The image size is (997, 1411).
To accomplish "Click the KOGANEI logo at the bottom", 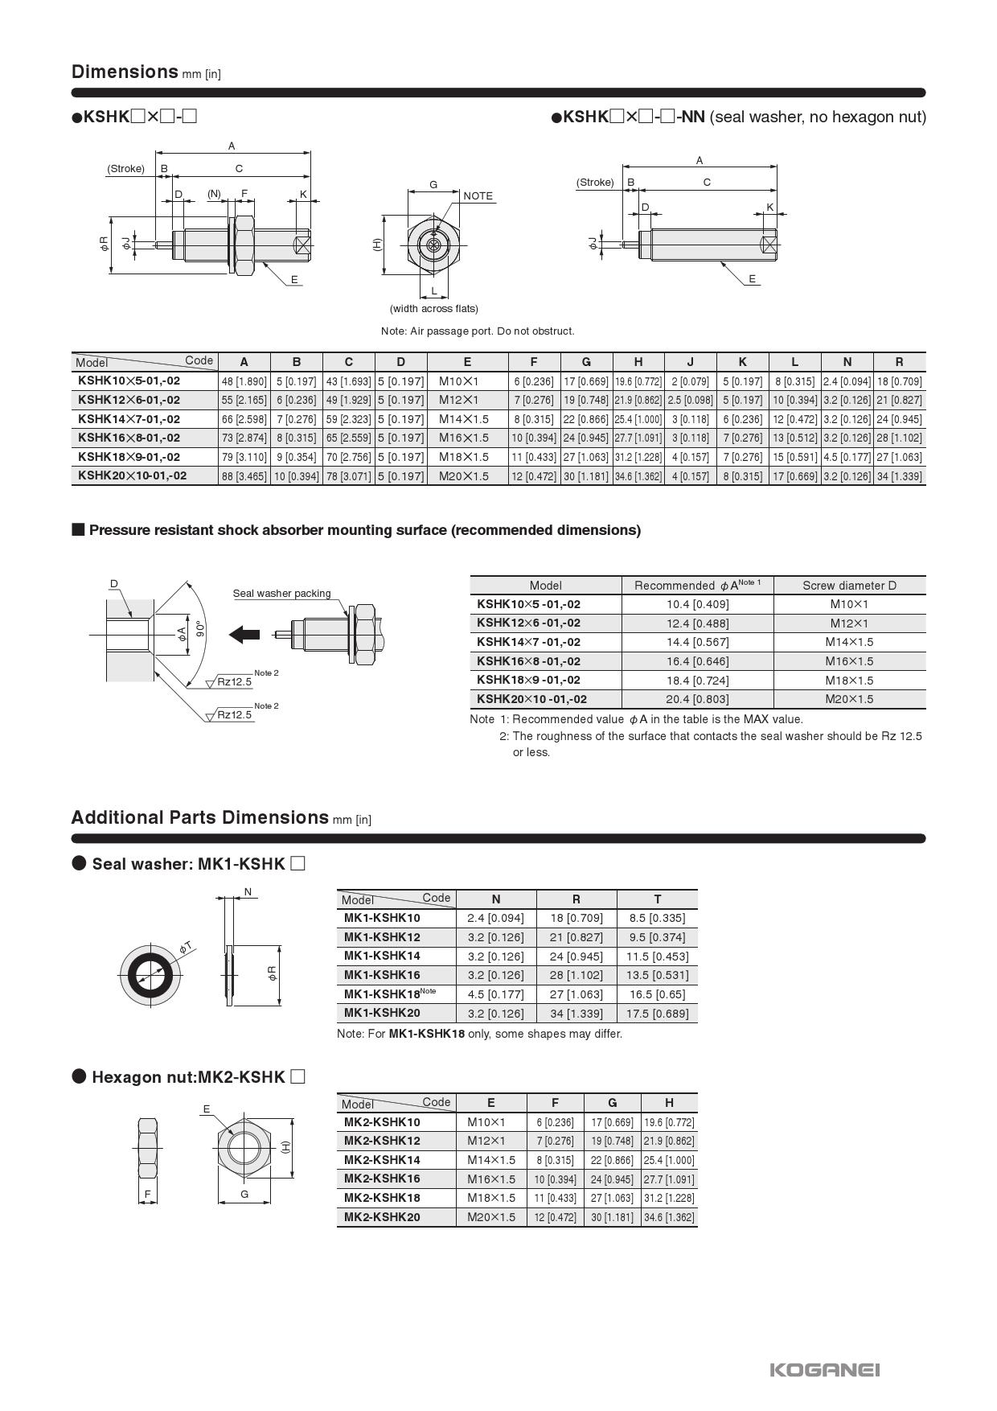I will click(824, 1369).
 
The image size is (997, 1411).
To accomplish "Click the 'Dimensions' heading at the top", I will click(125, 72).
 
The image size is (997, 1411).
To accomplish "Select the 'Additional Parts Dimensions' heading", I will click(200, 817).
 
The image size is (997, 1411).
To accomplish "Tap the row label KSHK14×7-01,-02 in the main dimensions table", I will click(129, 419).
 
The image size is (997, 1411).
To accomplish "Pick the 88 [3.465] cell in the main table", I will click(244, 476).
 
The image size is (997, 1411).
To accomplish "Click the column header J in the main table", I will click(690, 362).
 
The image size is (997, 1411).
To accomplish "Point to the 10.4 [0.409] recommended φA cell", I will click(697, 604).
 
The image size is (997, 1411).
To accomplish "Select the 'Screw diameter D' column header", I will click(849, 586).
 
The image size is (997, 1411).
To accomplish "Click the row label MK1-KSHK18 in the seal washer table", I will click(382, 994).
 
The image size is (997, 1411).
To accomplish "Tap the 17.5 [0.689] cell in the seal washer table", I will click(657, 1014).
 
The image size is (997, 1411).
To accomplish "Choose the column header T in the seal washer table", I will click(657, 899).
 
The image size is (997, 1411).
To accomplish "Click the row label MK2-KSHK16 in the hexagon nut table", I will click(382, 1179).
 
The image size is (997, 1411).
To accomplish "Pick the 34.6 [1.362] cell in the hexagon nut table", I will click(669, 1217).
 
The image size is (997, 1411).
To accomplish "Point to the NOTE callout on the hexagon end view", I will click(478, 195).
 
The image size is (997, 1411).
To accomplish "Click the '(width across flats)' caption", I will click(433, 309).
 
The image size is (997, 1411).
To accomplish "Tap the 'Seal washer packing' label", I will click(281, 594).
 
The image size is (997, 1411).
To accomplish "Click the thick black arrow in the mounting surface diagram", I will click(244, 634).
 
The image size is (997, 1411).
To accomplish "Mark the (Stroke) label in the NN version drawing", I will click(595, 183).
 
